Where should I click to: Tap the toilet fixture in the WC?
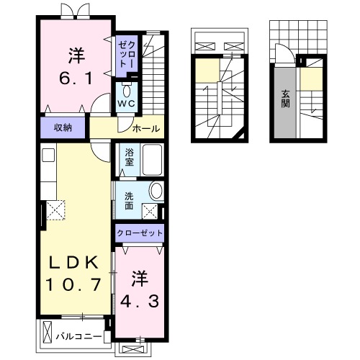tap(127, 91)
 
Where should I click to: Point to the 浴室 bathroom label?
tap(129, 157)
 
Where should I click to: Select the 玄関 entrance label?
tap(285, 97)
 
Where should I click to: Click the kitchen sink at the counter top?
tap(48, 156)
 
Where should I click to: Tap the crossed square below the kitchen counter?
tap(55, 210)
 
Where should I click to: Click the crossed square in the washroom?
tap(152, 211)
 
